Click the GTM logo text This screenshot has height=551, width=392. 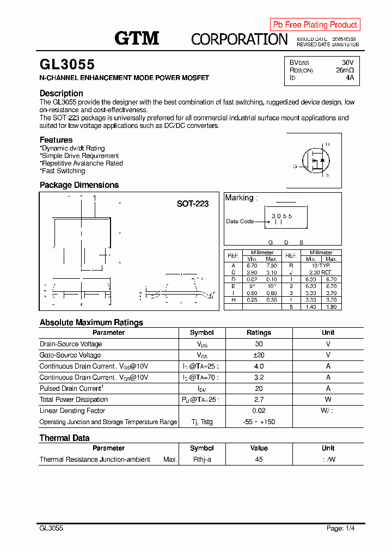point(137,38)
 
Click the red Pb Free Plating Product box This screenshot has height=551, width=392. point(315,25)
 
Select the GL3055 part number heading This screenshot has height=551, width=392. point(67,65)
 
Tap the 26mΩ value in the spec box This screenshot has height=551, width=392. point(345,70)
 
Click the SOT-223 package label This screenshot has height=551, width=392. point(192,204)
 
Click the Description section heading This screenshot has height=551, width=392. point(62,93)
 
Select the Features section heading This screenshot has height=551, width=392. point(56,140)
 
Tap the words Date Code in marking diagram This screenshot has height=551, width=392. point(240,222)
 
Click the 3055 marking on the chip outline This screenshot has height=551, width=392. point(282,216)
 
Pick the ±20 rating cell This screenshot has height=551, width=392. point(259,355)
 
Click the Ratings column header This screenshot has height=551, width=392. point(259,333)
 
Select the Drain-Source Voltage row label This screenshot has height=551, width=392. point(71,344)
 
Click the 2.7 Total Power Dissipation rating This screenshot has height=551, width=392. point(259,400)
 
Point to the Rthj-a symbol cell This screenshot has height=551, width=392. point(201,460)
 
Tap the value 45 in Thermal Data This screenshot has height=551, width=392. point(259,460)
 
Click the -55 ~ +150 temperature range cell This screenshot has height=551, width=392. point(259,422)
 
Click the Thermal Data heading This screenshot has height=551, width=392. point(64,438)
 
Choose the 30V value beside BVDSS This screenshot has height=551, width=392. point(347,63)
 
